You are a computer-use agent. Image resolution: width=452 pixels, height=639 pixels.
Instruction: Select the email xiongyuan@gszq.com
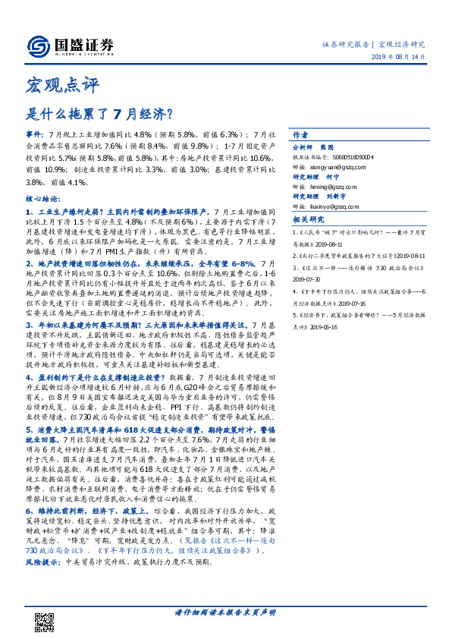[x=344, y=165]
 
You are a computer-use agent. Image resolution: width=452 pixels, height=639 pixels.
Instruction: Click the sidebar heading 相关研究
[x=308, y=219]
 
